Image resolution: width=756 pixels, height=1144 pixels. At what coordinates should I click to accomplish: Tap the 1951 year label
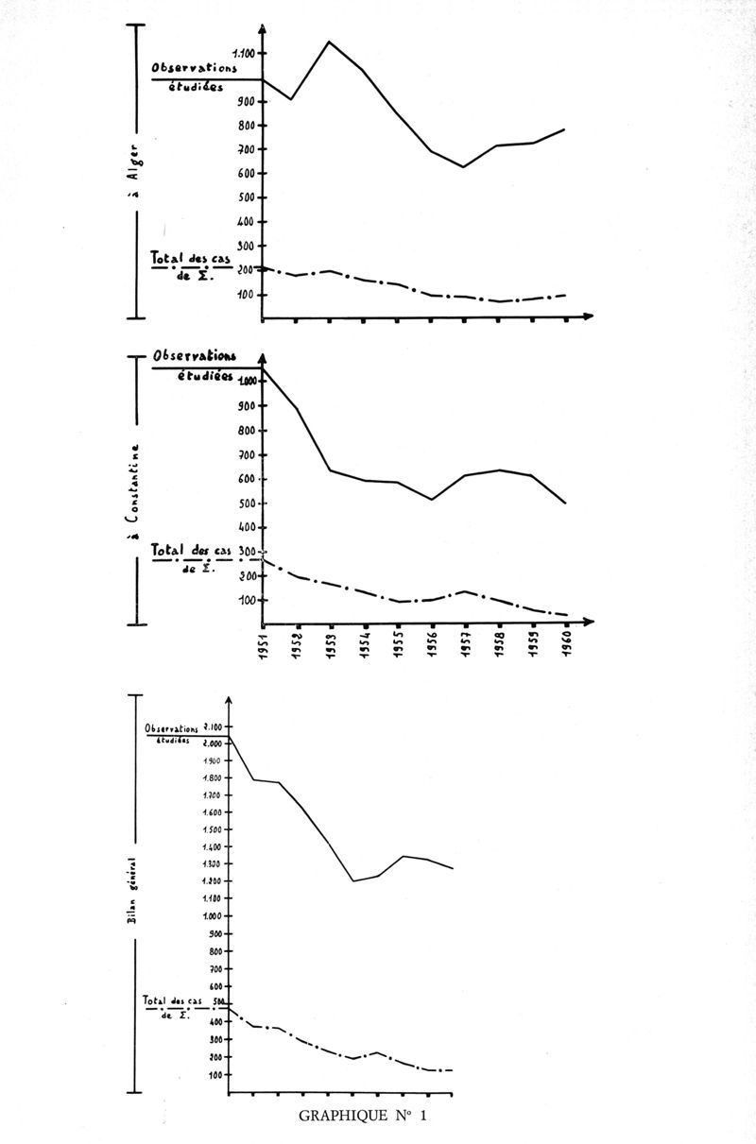[266, 650]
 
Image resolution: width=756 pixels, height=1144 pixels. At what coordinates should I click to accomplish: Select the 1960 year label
[567, 650]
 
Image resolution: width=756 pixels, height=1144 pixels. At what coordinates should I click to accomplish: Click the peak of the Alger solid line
[329, 42]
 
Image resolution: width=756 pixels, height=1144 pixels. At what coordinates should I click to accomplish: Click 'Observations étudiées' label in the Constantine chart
[197, 365]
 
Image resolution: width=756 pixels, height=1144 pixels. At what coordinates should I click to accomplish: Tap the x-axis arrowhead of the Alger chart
[588, 316]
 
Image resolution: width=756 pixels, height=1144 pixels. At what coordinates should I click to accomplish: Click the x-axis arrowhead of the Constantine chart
[588, 622]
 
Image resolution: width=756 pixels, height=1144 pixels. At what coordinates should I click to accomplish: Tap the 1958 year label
[501, 650]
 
